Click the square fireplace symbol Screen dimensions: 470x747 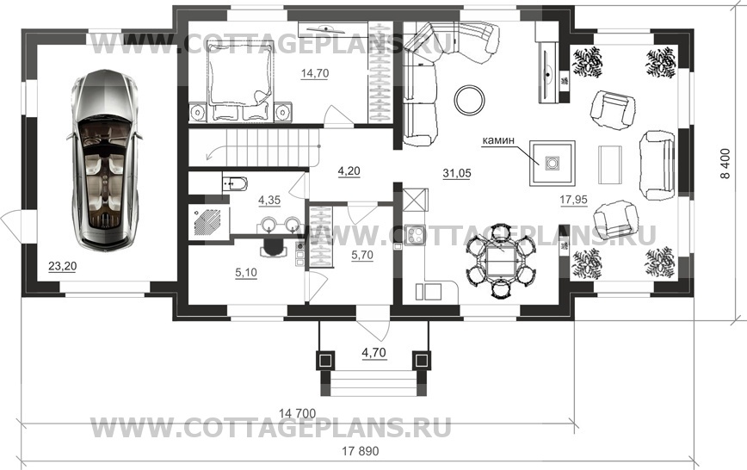547,163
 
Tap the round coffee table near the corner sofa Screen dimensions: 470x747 469,98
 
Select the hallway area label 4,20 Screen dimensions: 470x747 349,171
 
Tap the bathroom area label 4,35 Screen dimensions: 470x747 269,201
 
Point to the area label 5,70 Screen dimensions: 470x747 362,255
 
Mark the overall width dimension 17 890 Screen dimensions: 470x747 361,450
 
